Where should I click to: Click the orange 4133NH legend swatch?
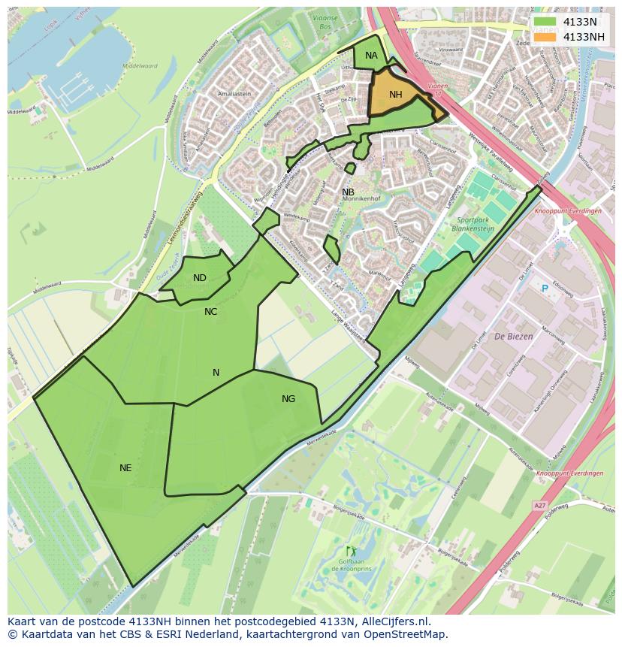pos(545,37)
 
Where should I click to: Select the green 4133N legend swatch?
pos(545,22)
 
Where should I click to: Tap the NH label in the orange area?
pos(396,95)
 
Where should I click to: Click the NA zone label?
pos(371,56)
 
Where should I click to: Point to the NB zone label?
pos(348,192)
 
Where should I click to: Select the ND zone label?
pos(199,278)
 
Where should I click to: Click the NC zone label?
pos(210,311)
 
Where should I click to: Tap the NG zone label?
pos(288,399)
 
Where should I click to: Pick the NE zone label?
pos(125,468)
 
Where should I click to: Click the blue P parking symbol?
pos(545,289)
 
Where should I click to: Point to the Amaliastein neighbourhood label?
pos(234,94)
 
